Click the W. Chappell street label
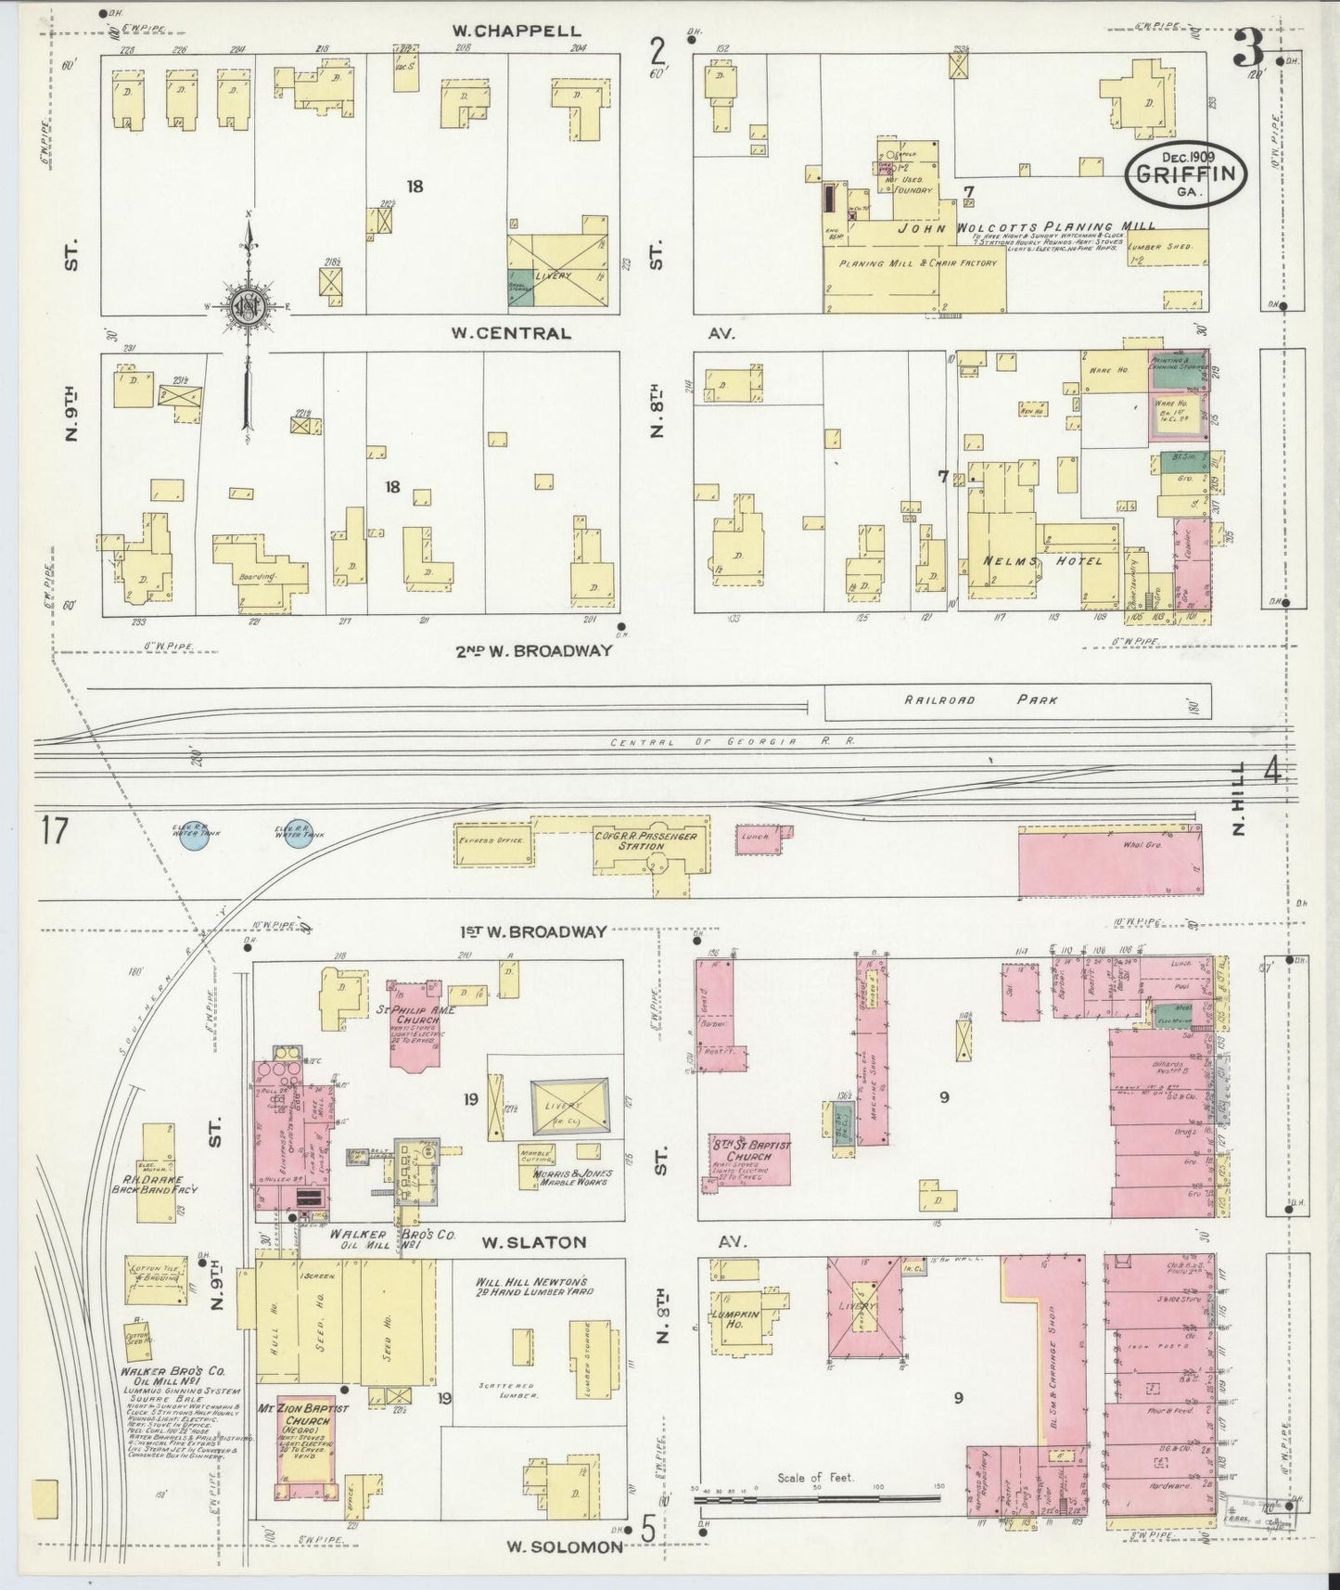point(517,32)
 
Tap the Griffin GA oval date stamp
point(1186,173)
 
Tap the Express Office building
point(492,841)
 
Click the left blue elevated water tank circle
point(194,835)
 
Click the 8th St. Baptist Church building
point(749,1157)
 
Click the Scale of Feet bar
point(816,1496)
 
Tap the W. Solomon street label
point(565,1546)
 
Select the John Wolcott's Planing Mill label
point(1025,226)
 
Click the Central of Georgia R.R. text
point(732,741)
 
